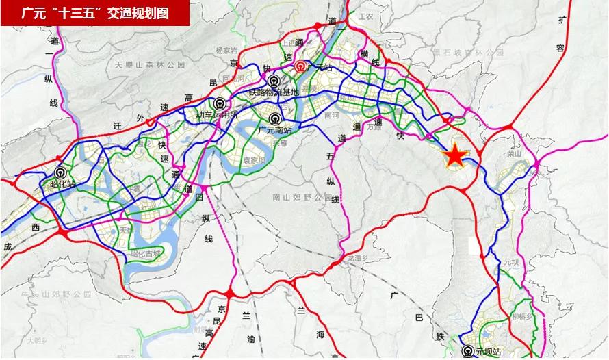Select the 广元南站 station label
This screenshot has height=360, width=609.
click(x=277, y=128)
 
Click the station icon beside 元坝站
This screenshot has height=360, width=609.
click(x=468, y=352)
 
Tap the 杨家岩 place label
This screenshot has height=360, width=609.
click(x=225, y=51)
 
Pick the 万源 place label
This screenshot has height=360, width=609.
click(x=374, y=127)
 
